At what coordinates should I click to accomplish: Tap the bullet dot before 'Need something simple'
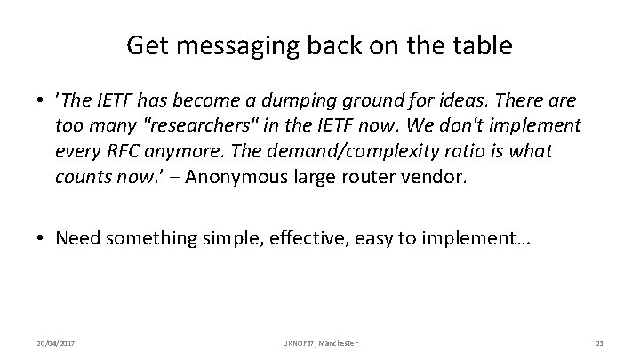pyautogui.click(x=43, y=238)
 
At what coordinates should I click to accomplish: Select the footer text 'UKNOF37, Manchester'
pyautogui.click(x=319, y=342)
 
